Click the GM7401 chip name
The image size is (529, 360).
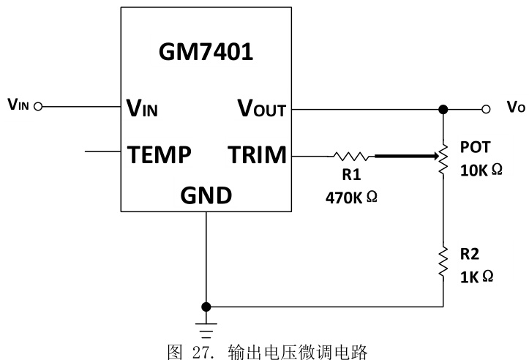(206, 53)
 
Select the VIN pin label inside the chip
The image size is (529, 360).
(143, 109)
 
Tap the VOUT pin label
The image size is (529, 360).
(261, 109)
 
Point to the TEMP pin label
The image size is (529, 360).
(160, 154)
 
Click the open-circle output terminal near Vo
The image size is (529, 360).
(485, 109)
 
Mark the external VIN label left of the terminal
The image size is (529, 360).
(18, 105)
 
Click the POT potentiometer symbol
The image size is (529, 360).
(443, 157)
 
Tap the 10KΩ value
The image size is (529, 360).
(481, 170)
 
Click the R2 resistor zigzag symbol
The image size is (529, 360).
(443, 262)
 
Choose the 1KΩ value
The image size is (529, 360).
(477, 277)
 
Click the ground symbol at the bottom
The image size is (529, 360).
(207, 323)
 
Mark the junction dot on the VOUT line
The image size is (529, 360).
(443, 110)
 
